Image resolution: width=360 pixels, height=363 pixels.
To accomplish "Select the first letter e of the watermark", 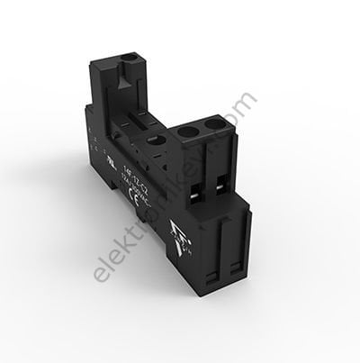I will [x=101, y=296].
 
